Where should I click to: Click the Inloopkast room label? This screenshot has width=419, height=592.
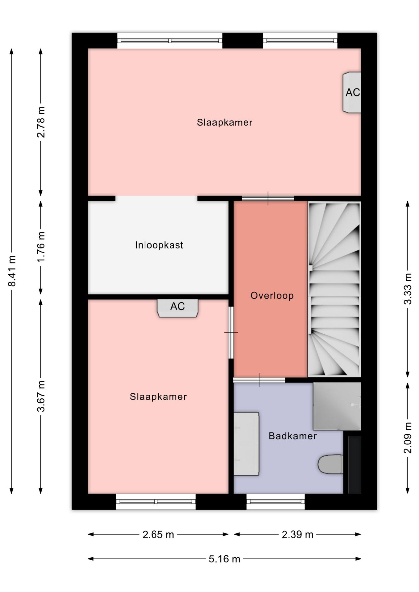159,245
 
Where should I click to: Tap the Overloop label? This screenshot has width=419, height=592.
272,296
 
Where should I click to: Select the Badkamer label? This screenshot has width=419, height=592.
292,436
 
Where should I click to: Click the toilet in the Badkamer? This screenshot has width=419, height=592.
330,464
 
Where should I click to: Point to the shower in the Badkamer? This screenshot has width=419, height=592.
337,406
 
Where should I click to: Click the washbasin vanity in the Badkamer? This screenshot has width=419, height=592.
246,444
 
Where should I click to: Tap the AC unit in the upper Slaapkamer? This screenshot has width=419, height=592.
352,92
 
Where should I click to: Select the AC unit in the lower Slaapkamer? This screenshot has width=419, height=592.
177,308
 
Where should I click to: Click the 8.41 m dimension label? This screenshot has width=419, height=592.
12,271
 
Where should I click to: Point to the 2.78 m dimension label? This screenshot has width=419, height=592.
41,122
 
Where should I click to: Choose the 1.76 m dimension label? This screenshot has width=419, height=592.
41,247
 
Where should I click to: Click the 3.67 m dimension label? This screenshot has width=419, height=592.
41,396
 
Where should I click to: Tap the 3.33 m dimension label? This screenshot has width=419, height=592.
408,289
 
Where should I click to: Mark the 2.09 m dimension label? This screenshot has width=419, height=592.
408,438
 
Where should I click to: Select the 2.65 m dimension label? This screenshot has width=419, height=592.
158,534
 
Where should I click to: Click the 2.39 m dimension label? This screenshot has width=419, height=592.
297,534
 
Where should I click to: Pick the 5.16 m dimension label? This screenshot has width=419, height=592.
224,559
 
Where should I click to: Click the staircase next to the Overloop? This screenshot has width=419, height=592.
334,289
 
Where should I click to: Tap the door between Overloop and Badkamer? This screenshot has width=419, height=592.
259,380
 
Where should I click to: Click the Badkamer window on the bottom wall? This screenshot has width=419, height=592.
276,502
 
